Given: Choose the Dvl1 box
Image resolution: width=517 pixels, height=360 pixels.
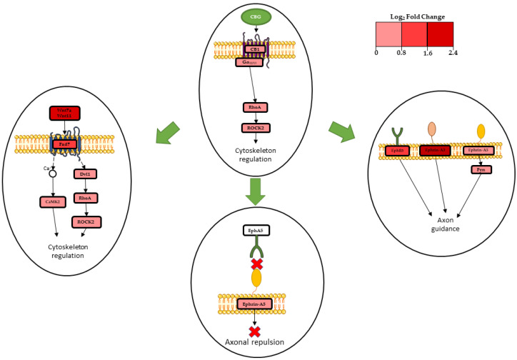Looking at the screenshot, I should [x=85, y=174].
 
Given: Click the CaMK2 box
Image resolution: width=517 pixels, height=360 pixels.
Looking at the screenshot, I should [x=52, y=202].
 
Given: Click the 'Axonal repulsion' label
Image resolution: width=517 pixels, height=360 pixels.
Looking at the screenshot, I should [x=255, y=342].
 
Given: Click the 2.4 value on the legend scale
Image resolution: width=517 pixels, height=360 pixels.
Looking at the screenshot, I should [x=452, y=52].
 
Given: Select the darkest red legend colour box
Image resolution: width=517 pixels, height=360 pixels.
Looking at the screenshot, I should [x=440, y=34].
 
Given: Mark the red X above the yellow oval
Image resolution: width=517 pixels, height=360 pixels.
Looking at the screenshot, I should [x=257, y=264].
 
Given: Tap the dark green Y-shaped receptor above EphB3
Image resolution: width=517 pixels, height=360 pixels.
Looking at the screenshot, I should [x=397, y=133].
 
